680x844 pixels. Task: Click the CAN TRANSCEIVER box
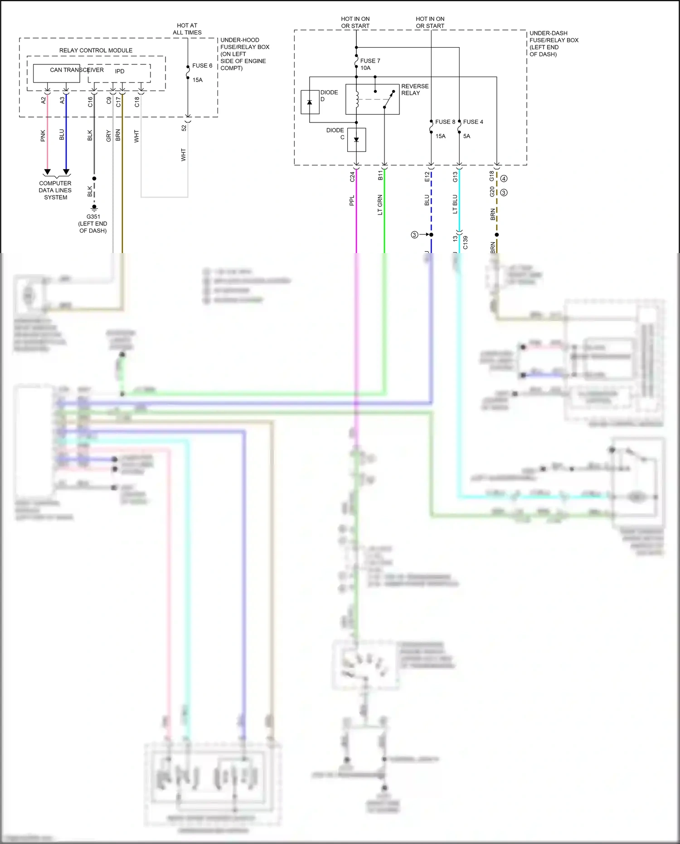click(x=56, y=73)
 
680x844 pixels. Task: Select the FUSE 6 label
click(x=202, y=66)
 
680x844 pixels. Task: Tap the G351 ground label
click(x=93, y=217)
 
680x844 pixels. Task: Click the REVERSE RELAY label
click(x=414, y=89)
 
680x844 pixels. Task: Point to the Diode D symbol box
click(x=310, y=102)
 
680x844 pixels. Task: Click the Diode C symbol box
click(x=356, y=140)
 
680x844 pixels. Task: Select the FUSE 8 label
click(x=445, y=122)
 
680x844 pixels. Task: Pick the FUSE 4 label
click(x=473, y=122)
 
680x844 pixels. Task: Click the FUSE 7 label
click(x=370, y=61)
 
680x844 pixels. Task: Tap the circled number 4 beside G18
click(x=504, y=179)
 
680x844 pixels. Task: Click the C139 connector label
click(x=465, y=243)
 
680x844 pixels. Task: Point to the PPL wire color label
click(x=352, y=200)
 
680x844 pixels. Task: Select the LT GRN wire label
click(x=380, y=205)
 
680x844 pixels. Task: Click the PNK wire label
click(x=43, y=136)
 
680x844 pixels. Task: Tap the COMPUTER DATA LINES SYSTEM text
click(x=55, y=190)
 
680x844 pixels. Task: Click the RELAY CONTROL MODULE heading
click(x=96, y=50)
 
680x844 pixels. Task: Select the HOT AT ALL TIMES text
click(x=187, y=29)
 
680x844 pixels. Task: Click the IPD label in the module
click(x=120, y=71)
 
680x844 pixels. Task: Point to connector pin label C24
click(x=352, y=177)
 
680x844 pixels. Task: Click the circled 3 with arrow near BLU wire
click(x=414, y=235)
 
